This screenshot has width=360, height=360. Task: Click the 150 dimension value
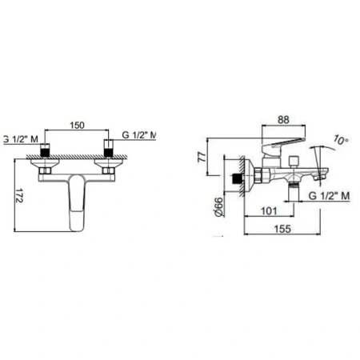(x=77, y=125)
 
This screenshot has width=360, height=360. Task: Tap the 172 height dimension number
(x=19, y=195)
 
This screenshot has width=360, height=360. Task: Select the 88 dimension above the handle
(x=283, y=120)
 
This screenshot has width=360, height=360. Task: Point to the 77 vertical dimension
(x=202, y=157)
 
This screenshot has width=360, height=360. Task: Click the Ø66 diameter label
(x=218, y=207)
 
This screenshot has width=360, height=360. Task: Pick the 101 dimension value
(x=269, y=211)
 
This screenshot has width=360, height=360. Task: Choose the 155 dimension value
(x=282, y=229)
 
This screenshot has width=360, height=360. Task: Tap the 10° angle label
(x=341, y=140)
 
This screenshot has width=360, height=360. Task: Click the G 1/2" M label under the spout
(x=329, y=196)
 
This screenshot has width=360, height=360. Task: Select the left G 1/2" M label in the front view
(x=21, y=139)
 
